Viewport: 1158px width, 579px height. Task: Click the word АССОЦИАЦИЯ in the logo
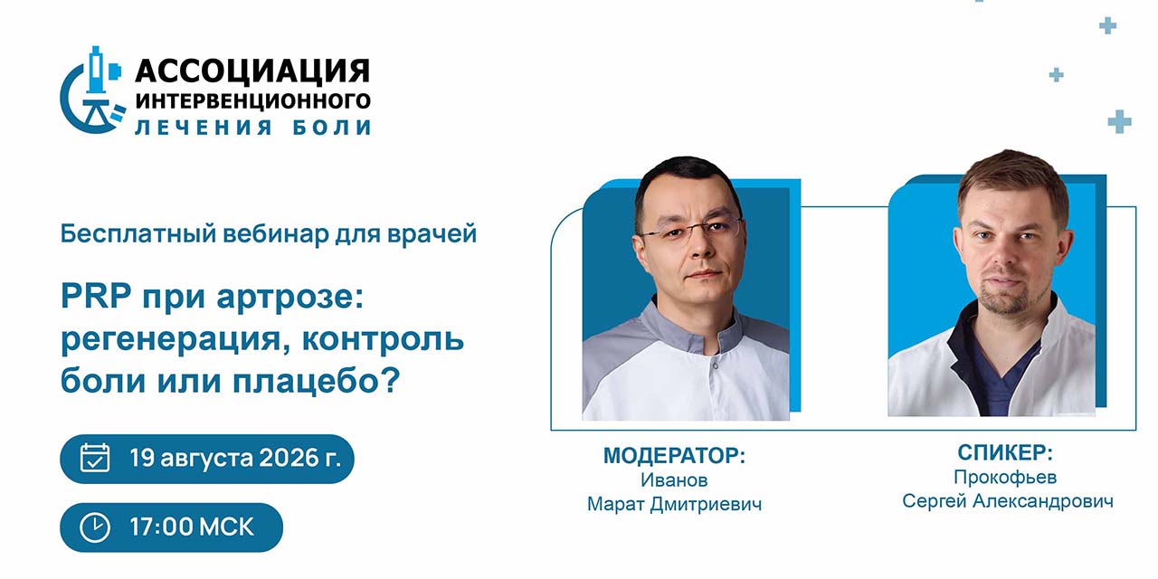click(252, 71)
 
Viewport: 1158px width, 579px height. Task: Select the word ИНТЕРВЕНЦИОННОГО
click(252, 100)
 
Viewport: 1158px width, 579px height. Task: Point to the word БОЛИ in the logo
click(332, 128)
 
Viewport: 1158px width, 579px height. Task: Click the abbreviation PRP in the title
click(96, 296)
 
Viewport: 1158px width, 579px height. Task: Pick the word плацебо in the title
click(317, 381)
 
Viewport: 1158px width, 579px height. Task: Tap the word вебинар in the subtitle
click(276, 233)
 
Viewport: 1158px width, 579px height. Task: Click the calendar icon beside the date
click(95, 458)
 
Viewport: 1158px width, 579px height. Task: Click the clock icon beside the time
click(95, 527)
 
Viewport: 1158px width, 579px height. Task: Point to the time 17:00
click(161, 527)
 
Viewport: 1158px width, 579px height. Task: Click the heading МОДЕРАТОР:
click(674, 455)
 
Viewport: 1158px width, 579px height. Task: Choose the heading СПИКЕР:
click(1005, 453)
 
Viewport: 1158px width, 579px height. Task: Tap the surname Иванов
click(674, 479)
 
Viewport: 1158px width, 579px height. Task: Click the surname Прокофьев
click(1005, 477)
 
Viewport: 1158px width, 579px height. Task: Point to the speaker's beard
click(1006, 295)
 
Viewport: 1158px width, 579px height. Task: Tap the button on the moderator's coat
click(715, 366)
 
